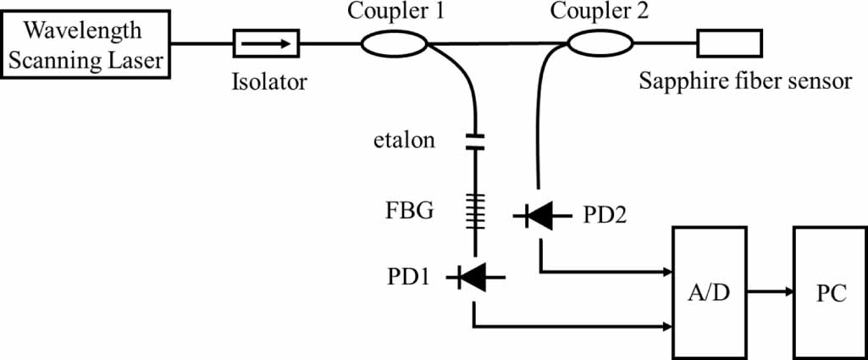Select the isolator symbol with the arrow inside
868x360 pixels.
click(265, 42)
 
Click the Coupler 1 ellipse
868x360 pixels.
click(394, 43)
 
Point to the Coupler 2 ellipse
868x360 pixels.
click(600, 43)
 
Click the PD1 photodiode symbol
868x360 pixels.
click(477, 275)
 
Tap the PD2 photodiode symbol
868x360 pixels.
click(539, 217)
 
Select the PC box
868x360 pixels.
click(830, 291)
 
